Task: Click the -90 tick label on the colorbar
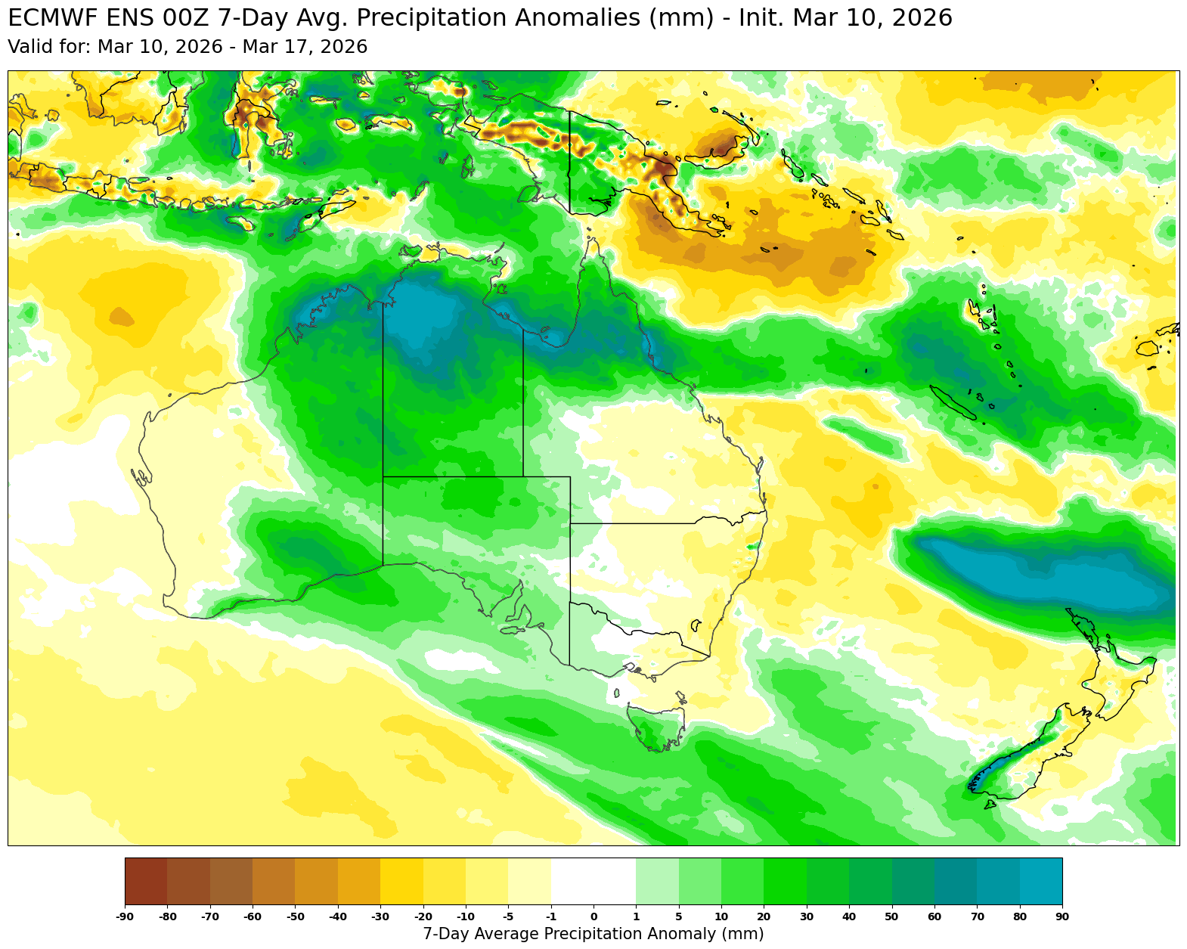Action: pyautogui.click(x=125, y=917)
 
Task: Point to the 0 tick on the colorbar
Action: pyautogui.click(x=593, y=917)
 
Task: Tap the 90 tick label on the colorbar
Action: pyautogui.click(x=1062, y=917)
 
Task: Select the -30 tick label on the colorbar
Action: pyautogui.click(x=380, y=917)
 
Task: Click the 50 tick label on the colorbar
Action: pyautogui.click(x=892, y=917)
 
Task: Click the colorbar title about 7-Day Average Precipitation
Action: pyautogui.click(x=593, y=934)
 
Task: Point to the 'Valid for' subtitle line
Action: pyautogui.click(x=188, y=48)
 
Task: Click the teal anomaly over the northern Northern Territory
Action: pyautogui.click(x=431, y=318)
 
